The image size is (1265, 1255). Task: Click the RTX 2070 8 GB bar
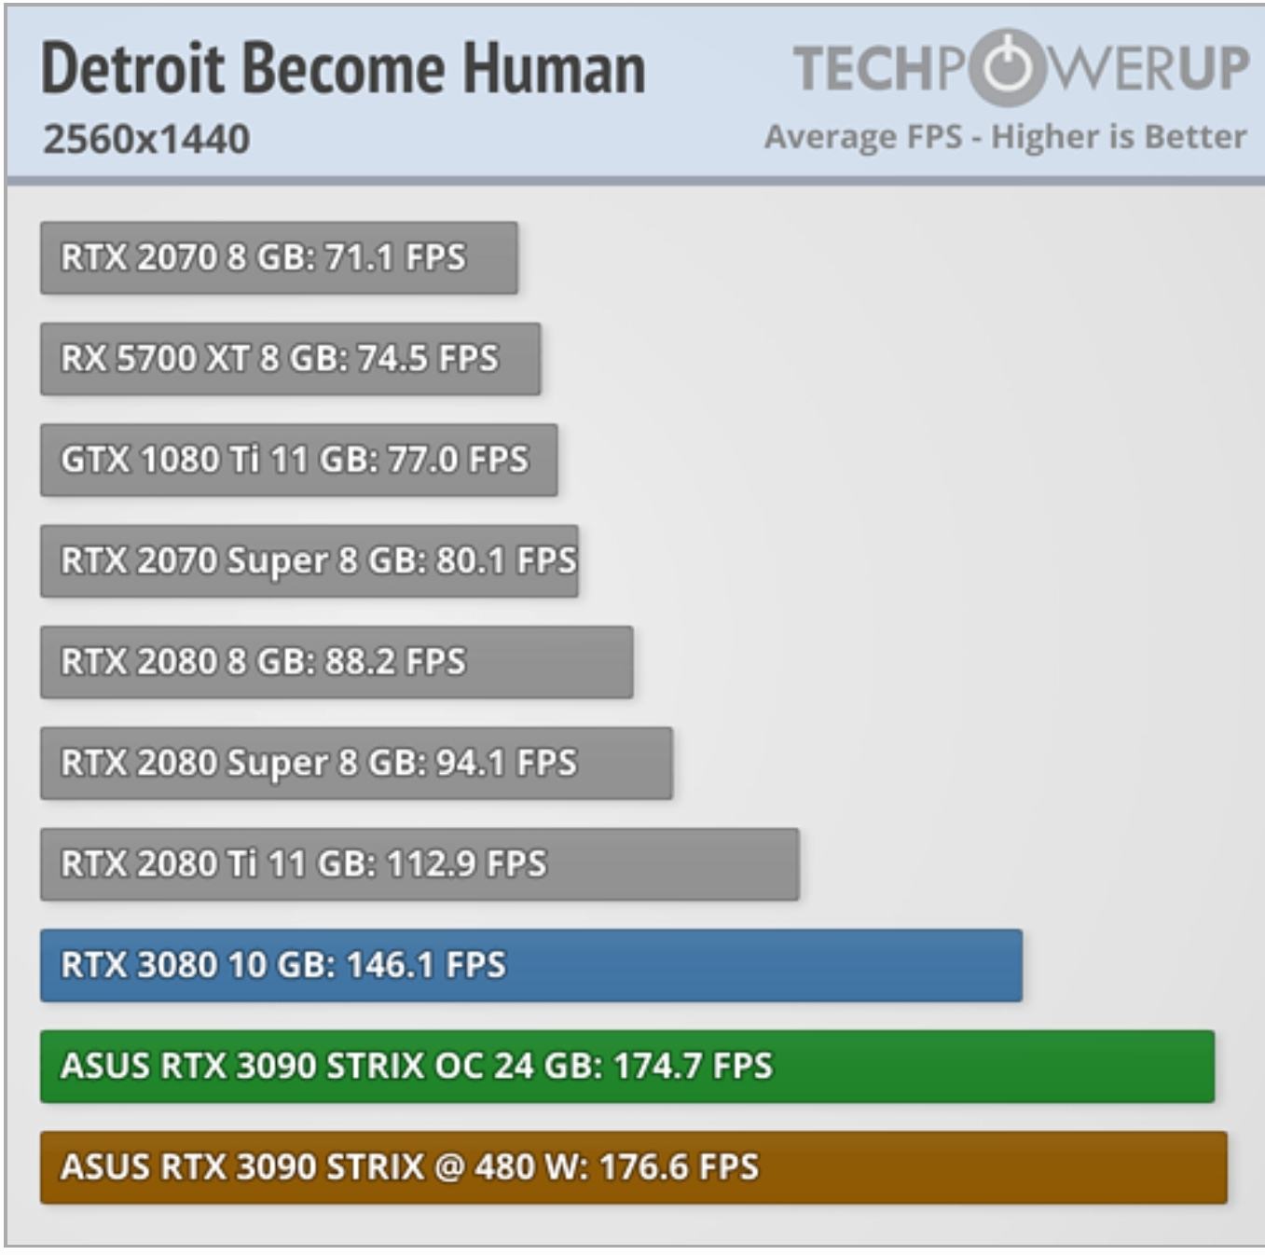(x=278, y=257)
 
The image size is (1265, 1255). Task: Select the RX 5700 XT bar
(x=289, y=358)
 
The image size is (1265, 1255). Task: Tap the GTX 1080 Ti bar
(x=298, y=460)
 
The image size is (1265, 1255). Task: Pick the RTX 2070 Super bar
(x=309, y=560)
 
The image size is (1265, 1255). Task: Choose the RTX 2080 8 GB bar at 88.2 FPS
(x=336, y=662)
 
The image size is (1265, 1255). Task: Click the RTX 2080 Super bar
(x=355, y=763)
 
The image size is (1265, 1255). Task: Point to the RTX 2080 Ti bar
(x=419, y=863)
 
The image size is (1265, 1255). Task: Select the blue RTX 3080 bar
(x=530, y=965)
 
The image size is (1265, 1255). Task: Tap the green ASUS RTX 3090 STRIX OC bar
(x=626, y=1066)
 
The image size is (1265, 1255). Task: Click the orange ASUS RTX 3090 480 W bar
(x=633, y=1167)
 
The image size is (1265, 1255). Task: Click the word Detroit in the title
(x=133, y=70)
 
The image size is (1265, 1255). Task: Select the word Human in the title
(x=554, y=70)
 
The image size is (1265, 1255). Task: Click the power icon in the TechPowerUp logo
(x=1005, y=67)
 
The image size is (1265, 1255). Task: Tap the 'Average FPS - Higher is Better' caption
(x=1005, y=137)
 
